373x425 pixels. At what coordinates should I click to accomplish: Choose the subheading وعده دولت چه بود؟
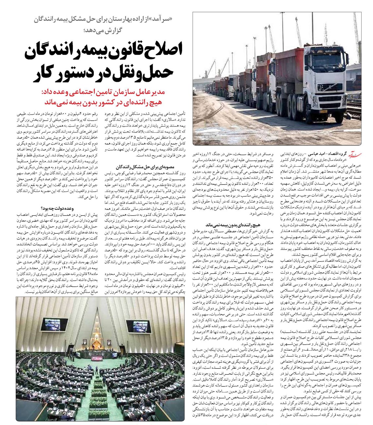[58, 208]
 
